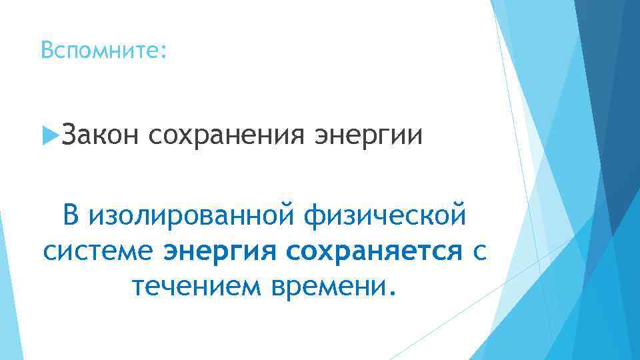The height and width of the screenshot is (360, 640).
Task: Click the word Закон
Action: coord(100,136)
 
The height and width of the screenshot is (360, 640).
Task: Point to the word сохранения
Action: coord(227,136)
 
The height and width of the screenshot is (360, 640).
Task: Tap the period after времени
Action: coord(391,293)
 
